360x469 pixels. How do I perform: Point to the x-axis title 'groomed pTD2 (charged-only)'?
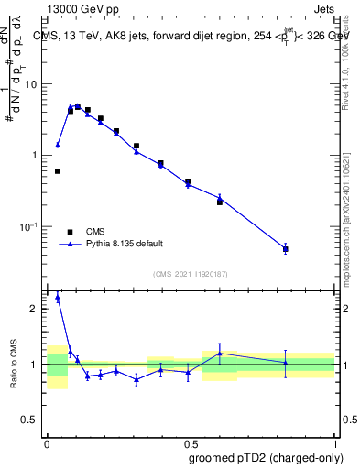point(266,457)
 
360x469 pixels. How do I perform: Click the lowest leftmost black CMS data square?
point(58,171)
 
